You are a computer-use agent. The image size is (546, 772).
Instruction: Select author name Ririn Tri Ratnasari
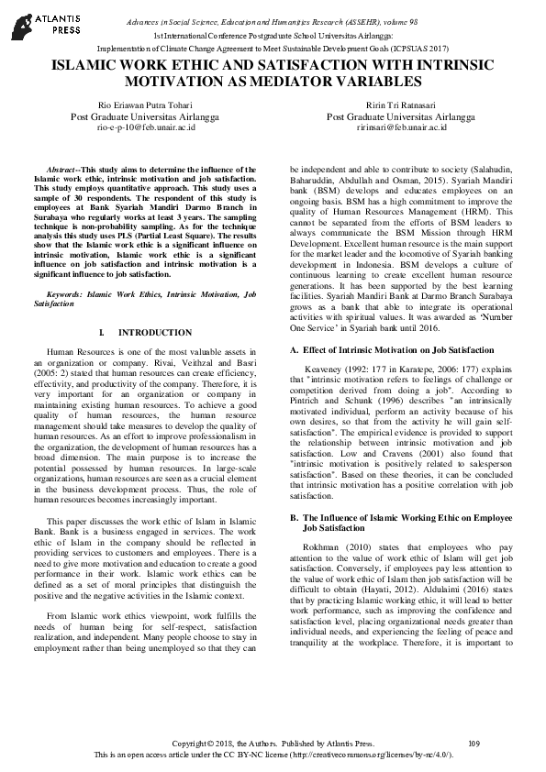point(400,105)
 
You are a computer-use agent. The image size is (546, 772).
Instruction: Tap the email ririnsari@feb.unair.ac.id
point(400,128)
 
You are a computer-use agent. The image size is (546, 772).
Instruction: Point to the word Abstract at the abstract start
point(61,171)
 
